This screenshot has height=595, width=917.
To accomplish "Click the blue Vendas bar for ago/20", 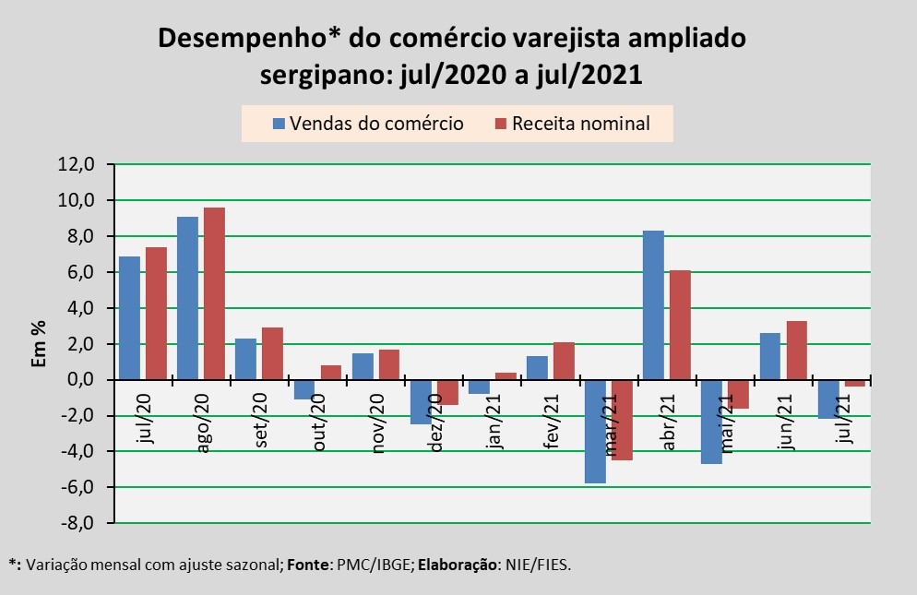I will (x=187, y=298).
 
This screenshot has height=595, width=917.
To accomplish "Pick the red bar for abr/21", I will (x=680, y=325).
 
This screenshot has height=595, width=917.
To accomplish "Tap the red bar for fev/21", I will (x=564, y=361).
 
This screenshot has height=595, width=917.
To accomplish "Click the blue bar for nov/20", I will (x=363, y=366).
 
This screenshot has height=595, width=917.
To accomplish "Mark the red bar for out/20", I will (x=330, y=373).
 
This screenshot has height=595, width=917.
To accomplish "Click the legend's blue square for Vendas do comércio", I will (x=278, y=124).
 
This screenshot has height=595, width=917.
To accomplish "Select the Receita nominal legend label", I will (x=580, y=124).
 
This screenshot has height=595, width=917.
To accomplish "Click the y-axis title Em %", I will (x=38, y=344).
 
